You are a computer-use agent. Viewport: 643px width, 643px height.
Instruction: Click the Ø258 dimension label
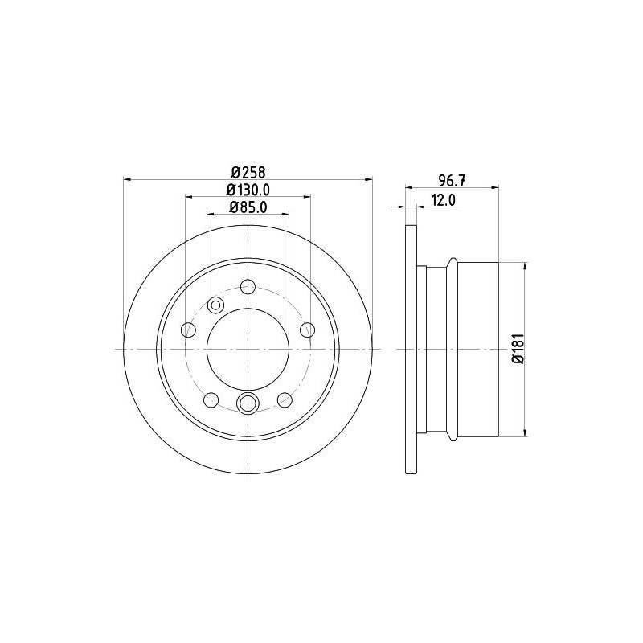point(248,171)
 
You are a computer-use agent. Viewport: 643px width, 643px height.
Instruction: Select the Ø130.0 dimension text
point(248,190)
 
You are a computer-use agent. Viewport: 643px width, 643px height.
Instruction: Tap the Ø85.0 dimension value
point(248,207)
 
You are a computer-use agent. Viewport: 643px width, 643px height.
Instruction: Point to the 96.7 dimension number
point(452,180)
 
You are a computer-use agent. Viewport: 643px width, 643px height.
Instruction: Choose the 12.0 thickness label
point(443,200)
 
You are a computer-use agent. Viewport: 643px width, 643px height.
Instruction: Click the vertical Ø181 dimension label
point(518,348)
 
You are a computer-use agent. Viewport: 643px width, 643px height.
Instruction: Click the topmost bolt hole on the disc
point(248,286)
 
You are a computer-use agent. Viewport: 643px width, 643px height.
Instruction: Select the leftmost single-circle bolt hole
point(189,330)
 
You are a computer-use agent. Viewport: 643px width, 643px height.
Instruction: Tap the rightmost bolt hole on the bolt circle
point(307,330)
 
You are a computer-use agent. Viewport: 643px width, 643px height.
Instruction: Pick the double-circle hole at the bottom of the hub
point(248,403)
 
